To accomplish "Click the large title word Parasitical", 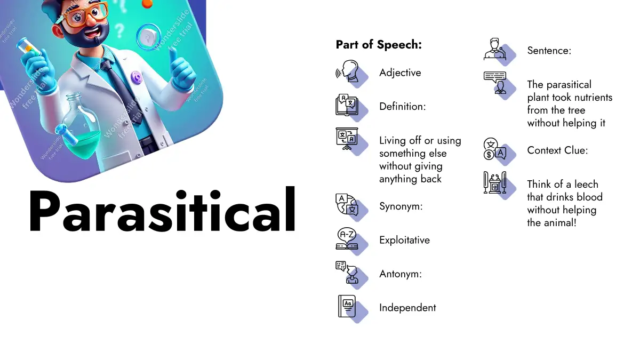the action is tap(162, 210).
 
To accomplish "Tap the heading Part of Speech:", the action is tap(379, 45).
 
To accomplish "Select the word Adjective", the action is tap(400, 73).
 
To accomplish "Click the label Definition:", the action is tap(402, 106).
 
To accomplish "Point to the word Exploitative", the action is tap(404, 240).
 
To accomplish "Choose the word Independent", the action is tap(407, 308).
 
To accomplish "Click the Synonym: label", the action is tap(401, 206).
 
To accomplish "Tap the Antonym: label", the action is tap(401, 274).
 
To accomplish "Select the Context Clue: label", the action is tap(557, 150).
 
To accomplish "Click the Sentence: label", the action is tap(549, 51).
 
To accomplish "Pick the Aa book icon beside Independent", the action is tap(347, 306).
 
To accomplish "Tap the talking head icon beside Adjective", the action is tap(347, 71).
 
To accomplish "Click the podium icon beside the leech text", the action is tap(495, 182).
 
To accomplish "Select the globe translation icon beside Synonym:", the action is tap(347, 205).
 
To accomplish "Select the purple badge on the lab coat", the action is tap(137, 77).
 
